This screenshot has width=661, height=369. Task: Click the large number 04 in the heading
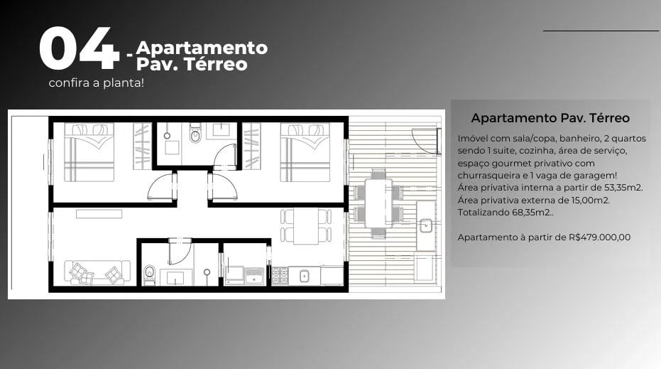[78, 50]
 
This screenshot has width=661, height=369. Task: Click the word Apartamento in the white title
[202, 48]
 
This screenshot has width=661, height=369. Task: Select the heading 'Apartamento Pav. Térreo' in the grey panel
[550, 118]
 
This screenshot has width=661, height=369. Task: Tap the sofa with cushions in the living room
[97, 272]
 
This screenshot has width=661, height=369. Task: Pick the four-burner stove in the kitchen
[280, 275]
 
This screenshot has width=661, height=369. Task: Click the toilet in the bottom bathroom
[150, 274]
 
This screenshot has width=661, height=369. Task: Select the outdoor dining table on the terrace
[378, 203]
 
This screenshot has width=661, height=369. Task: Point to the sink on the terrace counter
[426, 226]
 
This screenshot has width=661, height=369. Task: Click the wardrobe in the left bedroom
[142, 146]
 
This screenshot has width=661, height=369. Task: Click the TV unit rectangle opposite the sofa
[99, 213]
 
